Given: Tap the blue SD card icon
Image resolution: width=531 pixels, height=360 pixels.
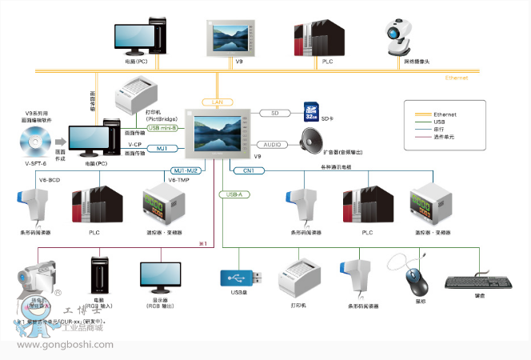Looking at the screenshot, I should click(x=312, y=112).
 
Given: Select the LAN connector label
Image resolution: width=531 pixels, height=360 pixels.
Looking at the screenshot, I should click(x=218, y=102).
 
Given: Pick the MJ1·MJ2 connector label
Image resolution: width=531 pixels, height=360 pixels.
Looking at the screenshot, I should click(x=190, y=170).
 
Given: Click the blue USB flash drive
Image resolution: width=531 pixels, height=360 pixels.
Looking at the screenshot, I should click(x=240, y=278).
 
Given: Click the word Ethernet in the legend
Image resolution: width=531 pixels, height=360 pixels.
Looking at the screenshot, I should click(x=445, y=114).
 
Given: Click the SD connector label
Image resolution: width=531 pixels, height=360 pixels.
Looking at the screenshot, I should click(x=274, y=113).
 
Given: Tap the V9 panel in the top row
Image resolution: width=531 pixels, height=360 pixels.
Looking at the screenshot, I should click(x=238, y=36).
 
